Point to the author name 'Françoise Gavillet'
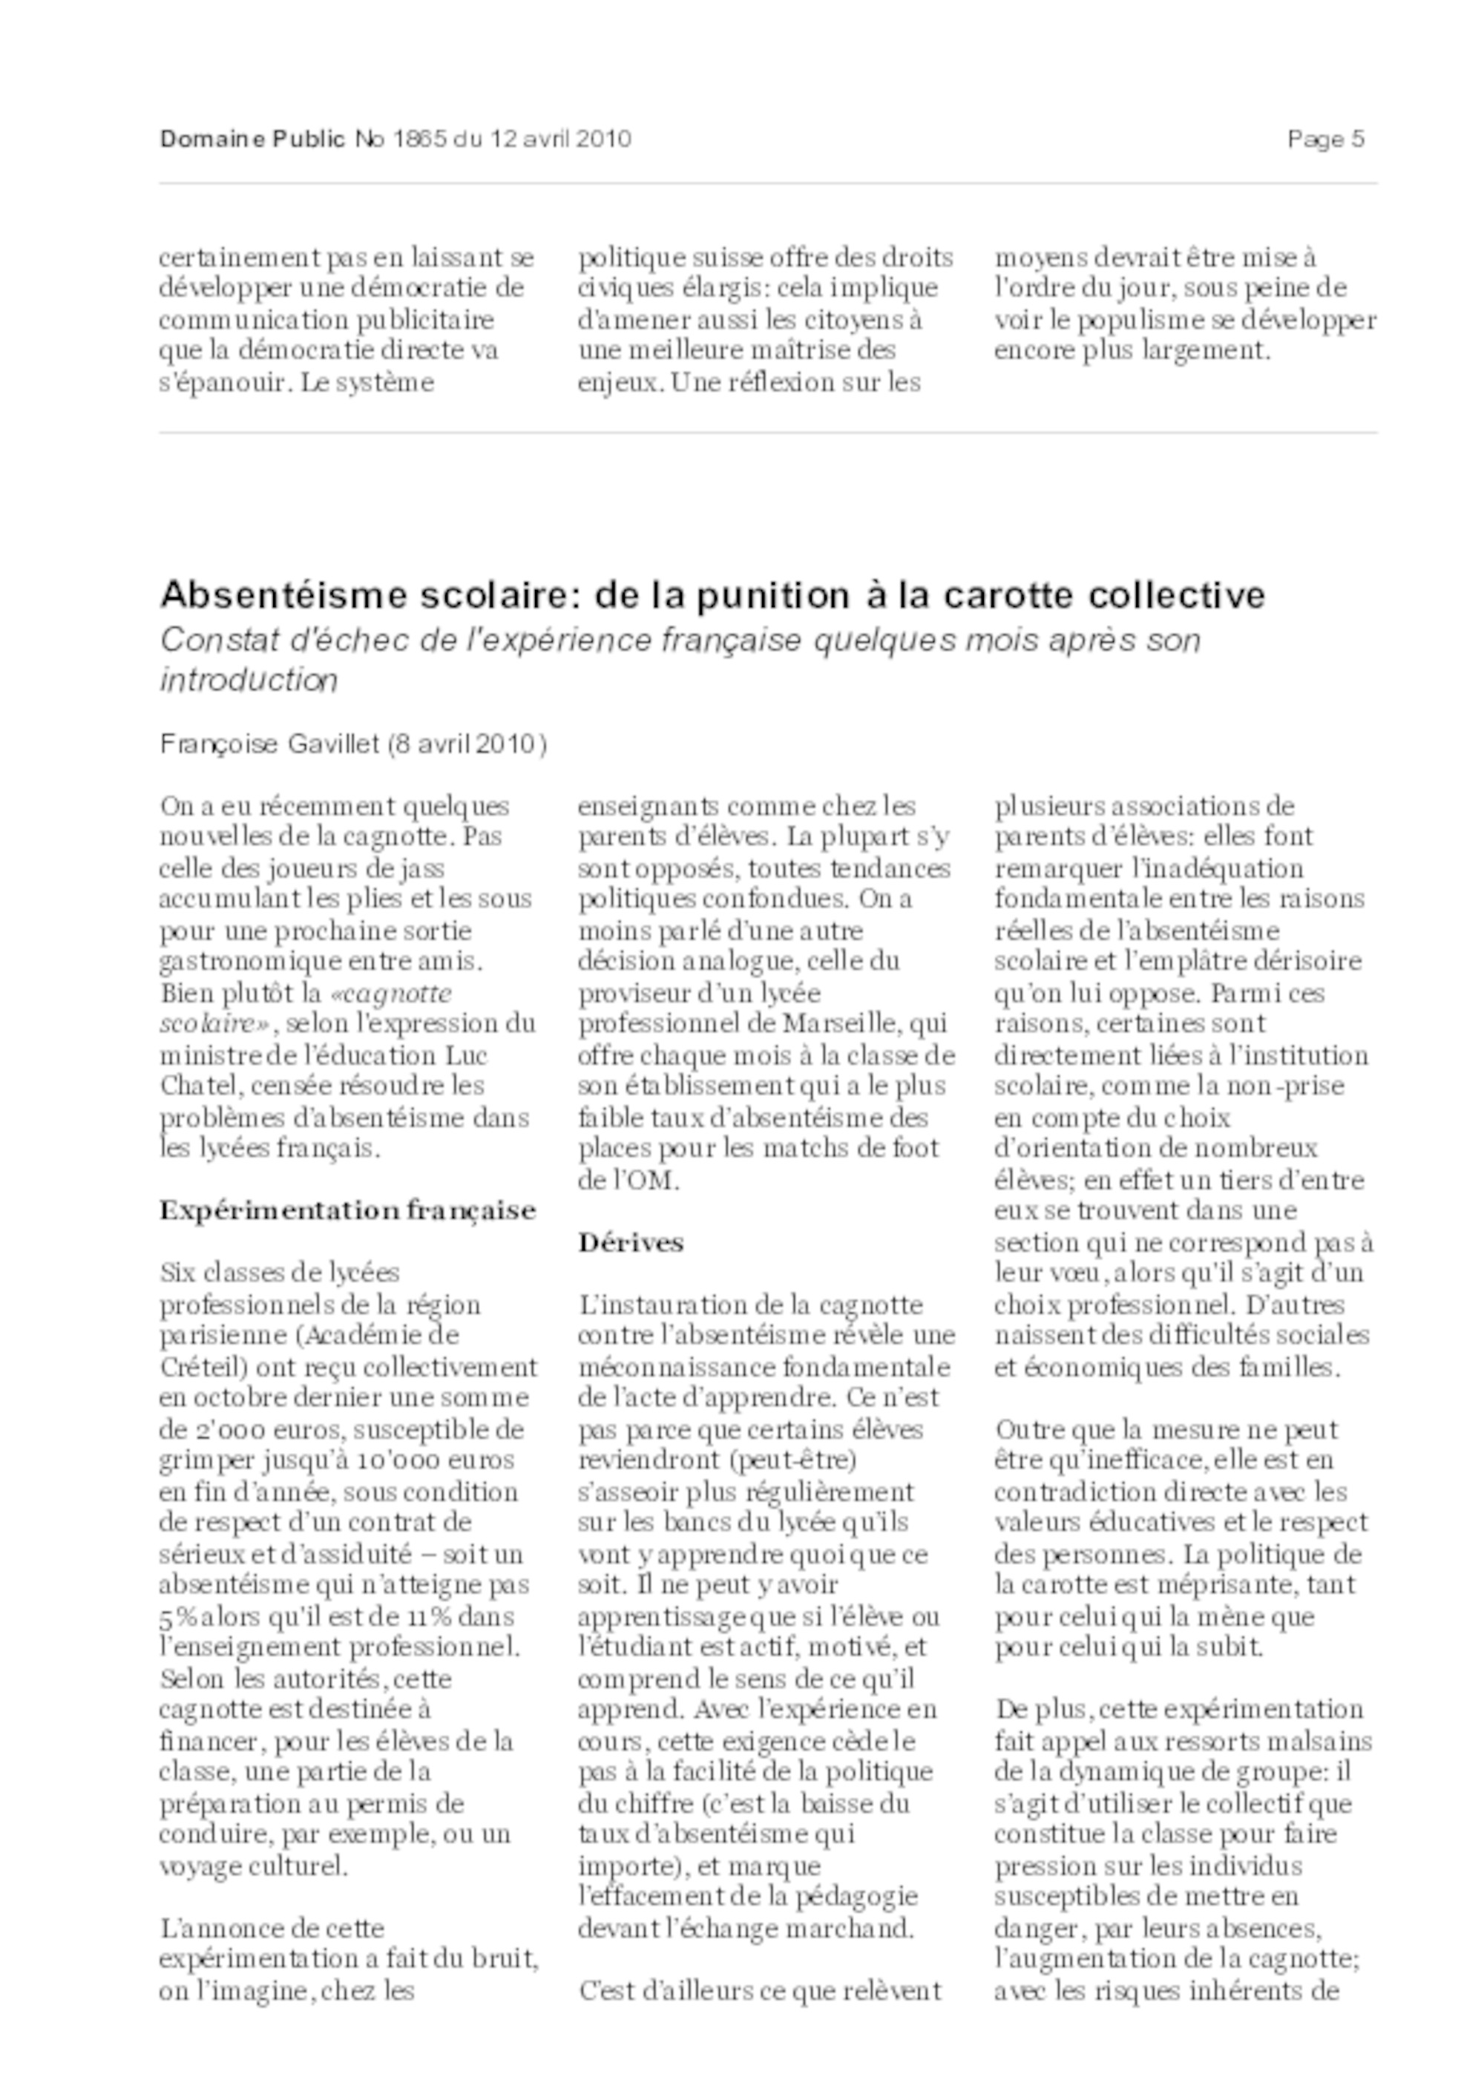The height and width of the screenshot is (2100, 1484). [x=270, y=744]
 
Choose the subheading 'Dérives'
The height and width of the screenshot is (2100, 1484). [x=631, y=1242]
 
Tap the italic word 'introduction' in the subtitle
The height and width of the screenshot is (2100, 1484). [x=249, y=680]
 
